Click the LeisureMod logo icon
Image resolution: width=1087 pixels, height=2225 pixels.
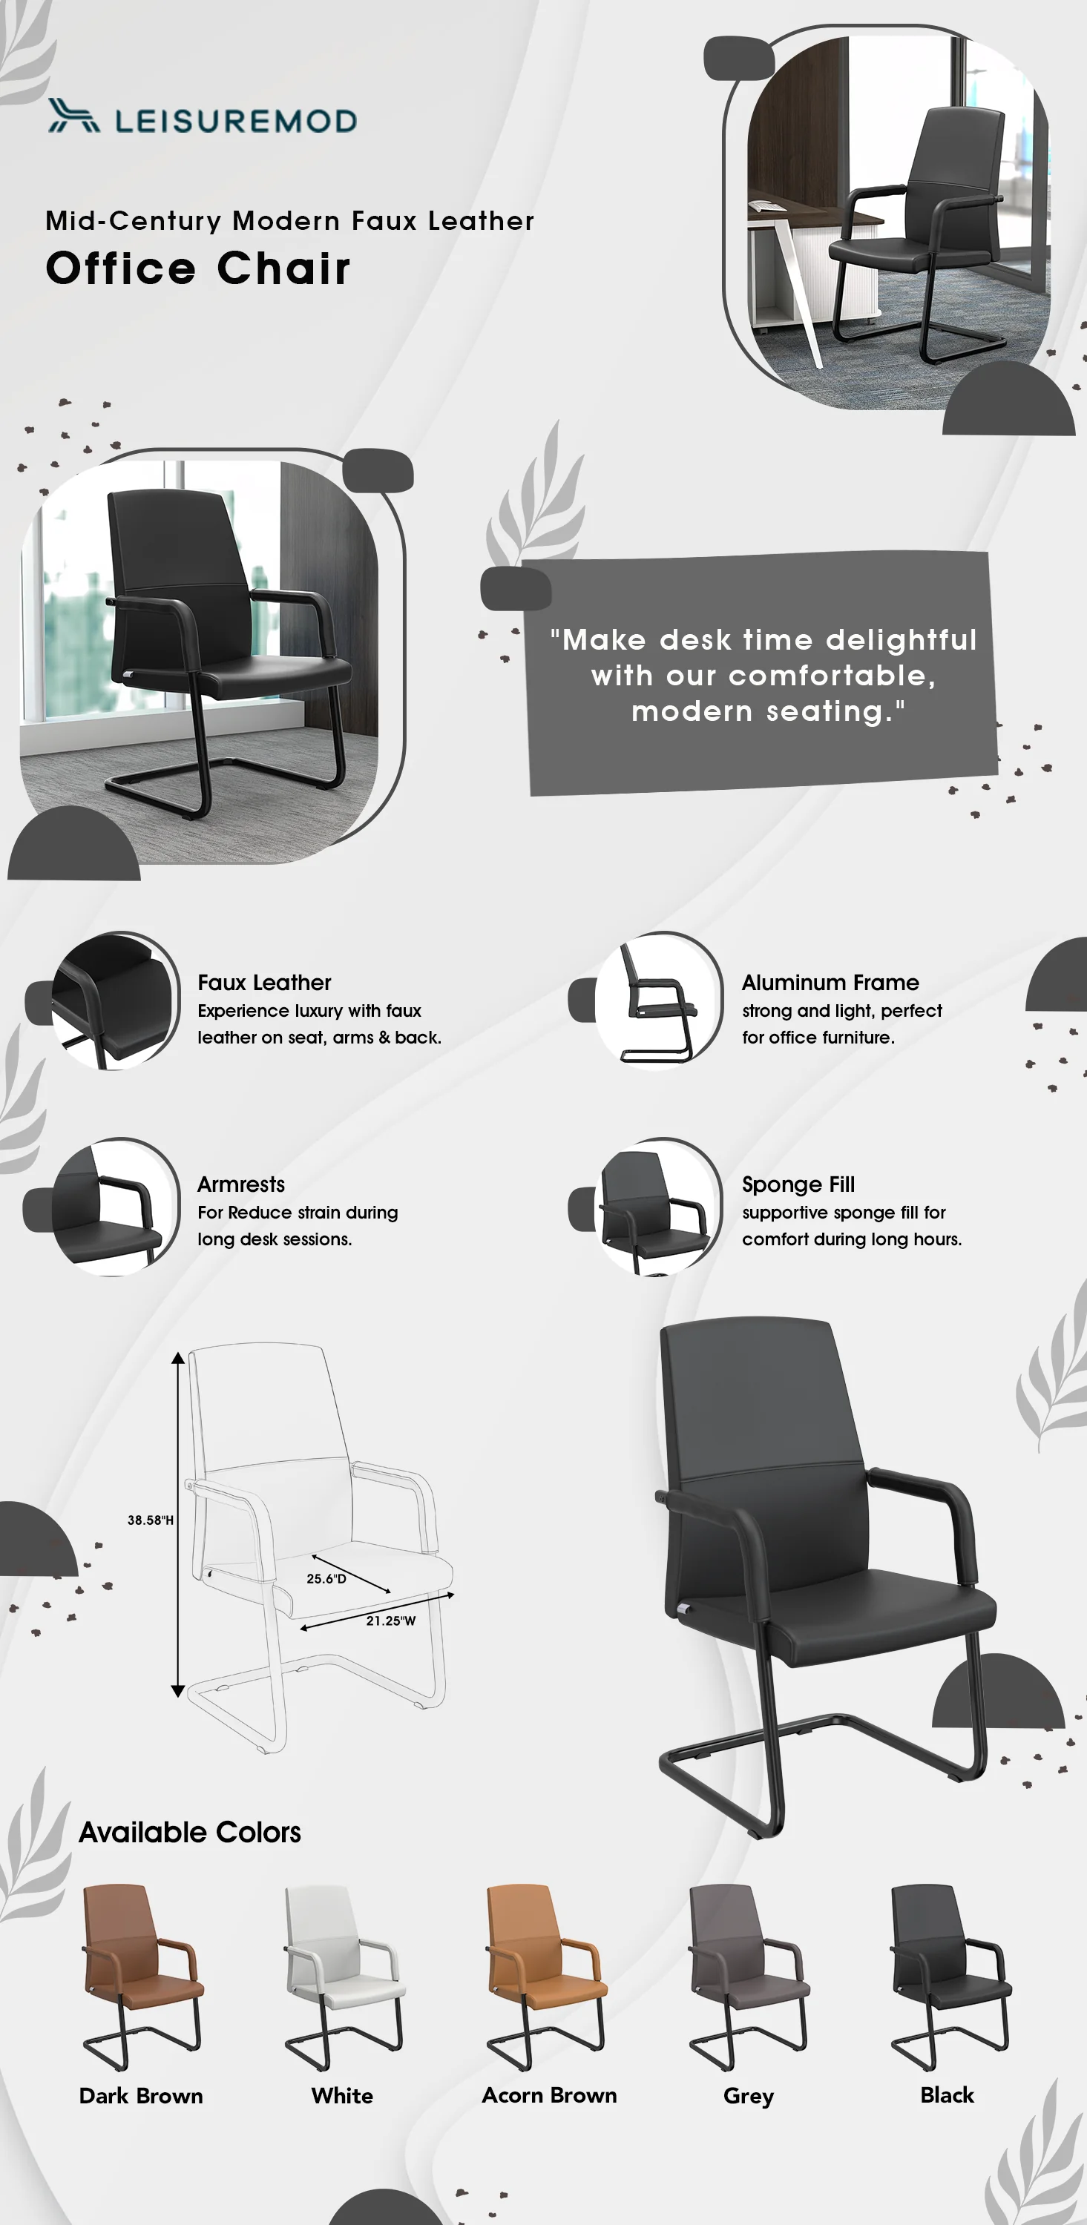pos(73,116)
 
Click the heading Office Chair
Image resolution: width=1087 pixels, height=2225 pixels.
pos(198,268)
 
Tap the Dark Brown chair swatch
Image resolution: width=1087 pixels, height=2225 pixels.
pos(142,1977)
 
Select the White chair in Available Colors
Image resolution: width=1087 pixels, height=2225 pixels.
pos(344,1977)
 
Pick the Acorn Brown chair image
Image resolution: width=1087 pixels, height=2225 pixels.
pos(546,1977)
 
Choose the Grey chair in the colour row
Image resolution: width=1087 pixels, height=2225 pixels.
pos(748,1977)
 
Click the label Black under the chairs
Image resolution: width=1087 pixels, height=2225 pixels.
pos(947,2094)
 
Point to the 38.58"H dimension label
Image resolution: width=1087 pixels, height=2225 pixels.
pos(151,1520)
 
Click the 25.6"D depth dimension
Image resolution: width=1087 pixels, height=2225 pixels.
pos(326,1578)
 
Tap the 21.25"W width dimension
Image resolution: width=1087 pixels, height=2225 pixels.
pos(390,1621)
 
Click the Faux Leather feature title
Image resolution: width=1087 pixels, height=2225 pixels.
pos(264,982)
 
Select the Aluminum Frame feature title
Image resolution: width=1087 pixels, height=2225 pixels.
pos(830,982)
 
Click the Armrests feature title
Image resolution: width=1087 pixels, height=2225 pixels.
pos(241,1184)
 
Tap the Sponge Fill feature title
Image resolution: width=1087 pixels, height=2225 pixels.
pos(798,1184)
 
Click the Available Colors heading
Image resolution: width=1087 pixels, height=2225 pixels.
pos(190,1831)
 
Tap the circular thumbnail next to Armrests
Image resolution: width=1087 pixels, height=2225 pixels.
pos(115,1207)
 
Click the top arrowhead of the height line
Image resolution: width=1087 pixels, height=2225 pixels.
pos(178,1358)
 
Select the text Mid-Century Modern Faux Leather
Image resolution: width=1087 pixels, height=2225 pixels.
pos(289,221)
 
